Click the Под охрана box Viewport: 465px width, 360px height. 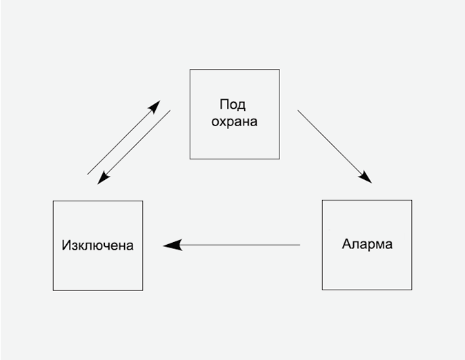[235, 114]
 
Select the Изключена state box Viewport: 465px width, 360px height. [98, 246]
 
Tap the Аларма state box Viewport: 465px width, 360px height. [367, 245]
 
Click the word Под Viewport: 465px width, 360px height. [233, 105]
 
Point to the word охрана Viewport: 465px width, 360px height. [235, 122]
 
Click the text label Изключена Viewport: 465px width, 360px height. [97, 246]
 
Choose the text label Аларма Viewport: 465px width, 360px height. [367, 244]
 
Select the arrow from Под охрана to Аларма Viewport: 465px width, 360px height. [335, 146]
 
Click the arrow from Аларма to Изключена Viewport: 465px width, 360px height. [232, 245]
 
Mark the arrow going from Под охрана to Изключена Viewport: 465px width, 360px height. [134, 147]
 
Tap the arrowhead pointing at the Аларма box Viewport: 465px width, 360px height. [366, 178]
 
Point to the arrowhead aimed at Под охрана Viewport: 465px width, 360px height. [155, 107]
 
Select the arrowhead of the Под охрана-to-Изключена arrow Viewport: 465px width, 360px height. [103, 179]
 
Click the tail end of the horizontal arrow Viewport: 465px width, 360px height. [299, 245]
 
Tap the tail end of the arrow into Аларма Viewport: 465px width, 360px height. [299, 110]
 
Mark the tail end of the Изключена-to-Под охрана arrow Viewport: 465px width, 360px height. [88, 174]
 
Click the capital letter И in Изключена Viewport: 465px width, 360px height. [66, 246]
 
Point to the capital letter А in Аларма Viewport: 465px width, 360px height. [346, 244]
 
